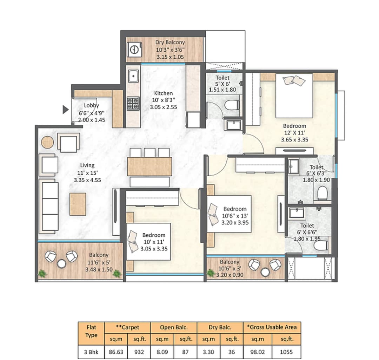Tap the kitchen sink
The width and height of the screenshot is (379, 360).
tap(133, 76)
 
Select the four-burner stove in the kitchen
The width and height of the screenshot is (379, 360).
tap(133, 103)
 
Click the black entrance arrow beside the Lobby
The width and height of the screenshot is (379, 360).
tap(65, 110)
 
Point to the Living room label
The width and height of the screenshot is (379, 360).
tap(87, 165)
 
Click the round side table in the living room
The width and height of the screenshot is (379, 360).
tap(47, 143)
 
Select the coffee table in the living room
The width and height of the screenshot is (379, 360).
tap(78, 204)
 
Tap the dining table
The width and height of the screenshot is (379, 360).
tap(149, 166)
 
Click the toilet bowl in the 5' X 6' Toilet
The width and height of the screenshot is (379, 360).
tap(232, 105)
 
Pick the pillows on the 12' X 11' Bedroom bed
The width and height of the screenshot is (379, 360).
tap(294, 80)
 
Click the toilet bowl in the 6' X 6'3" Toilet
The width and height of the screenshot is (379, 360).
tap(322, 193)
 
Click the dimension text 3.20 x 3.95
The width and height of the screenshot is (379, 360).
tap(235, 222)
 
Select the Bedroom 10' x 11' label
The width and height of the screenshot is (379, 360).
tap(154, 235)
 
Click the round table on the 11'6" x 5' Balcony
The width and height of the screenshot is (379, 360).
tap(62, 263)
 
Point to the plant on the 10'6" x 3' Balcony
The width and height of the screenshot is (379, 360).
tap(211, 273)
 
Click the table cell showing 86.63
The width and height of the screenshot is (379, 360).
tap(116, 352)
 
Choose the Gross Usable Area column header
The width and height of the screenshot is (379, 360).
tap(272, 327)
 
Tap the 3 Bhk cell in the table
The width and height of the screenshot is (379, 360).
tap(91, 352)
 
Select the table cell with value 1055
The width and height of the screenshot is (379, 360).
tap(286, 352)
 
